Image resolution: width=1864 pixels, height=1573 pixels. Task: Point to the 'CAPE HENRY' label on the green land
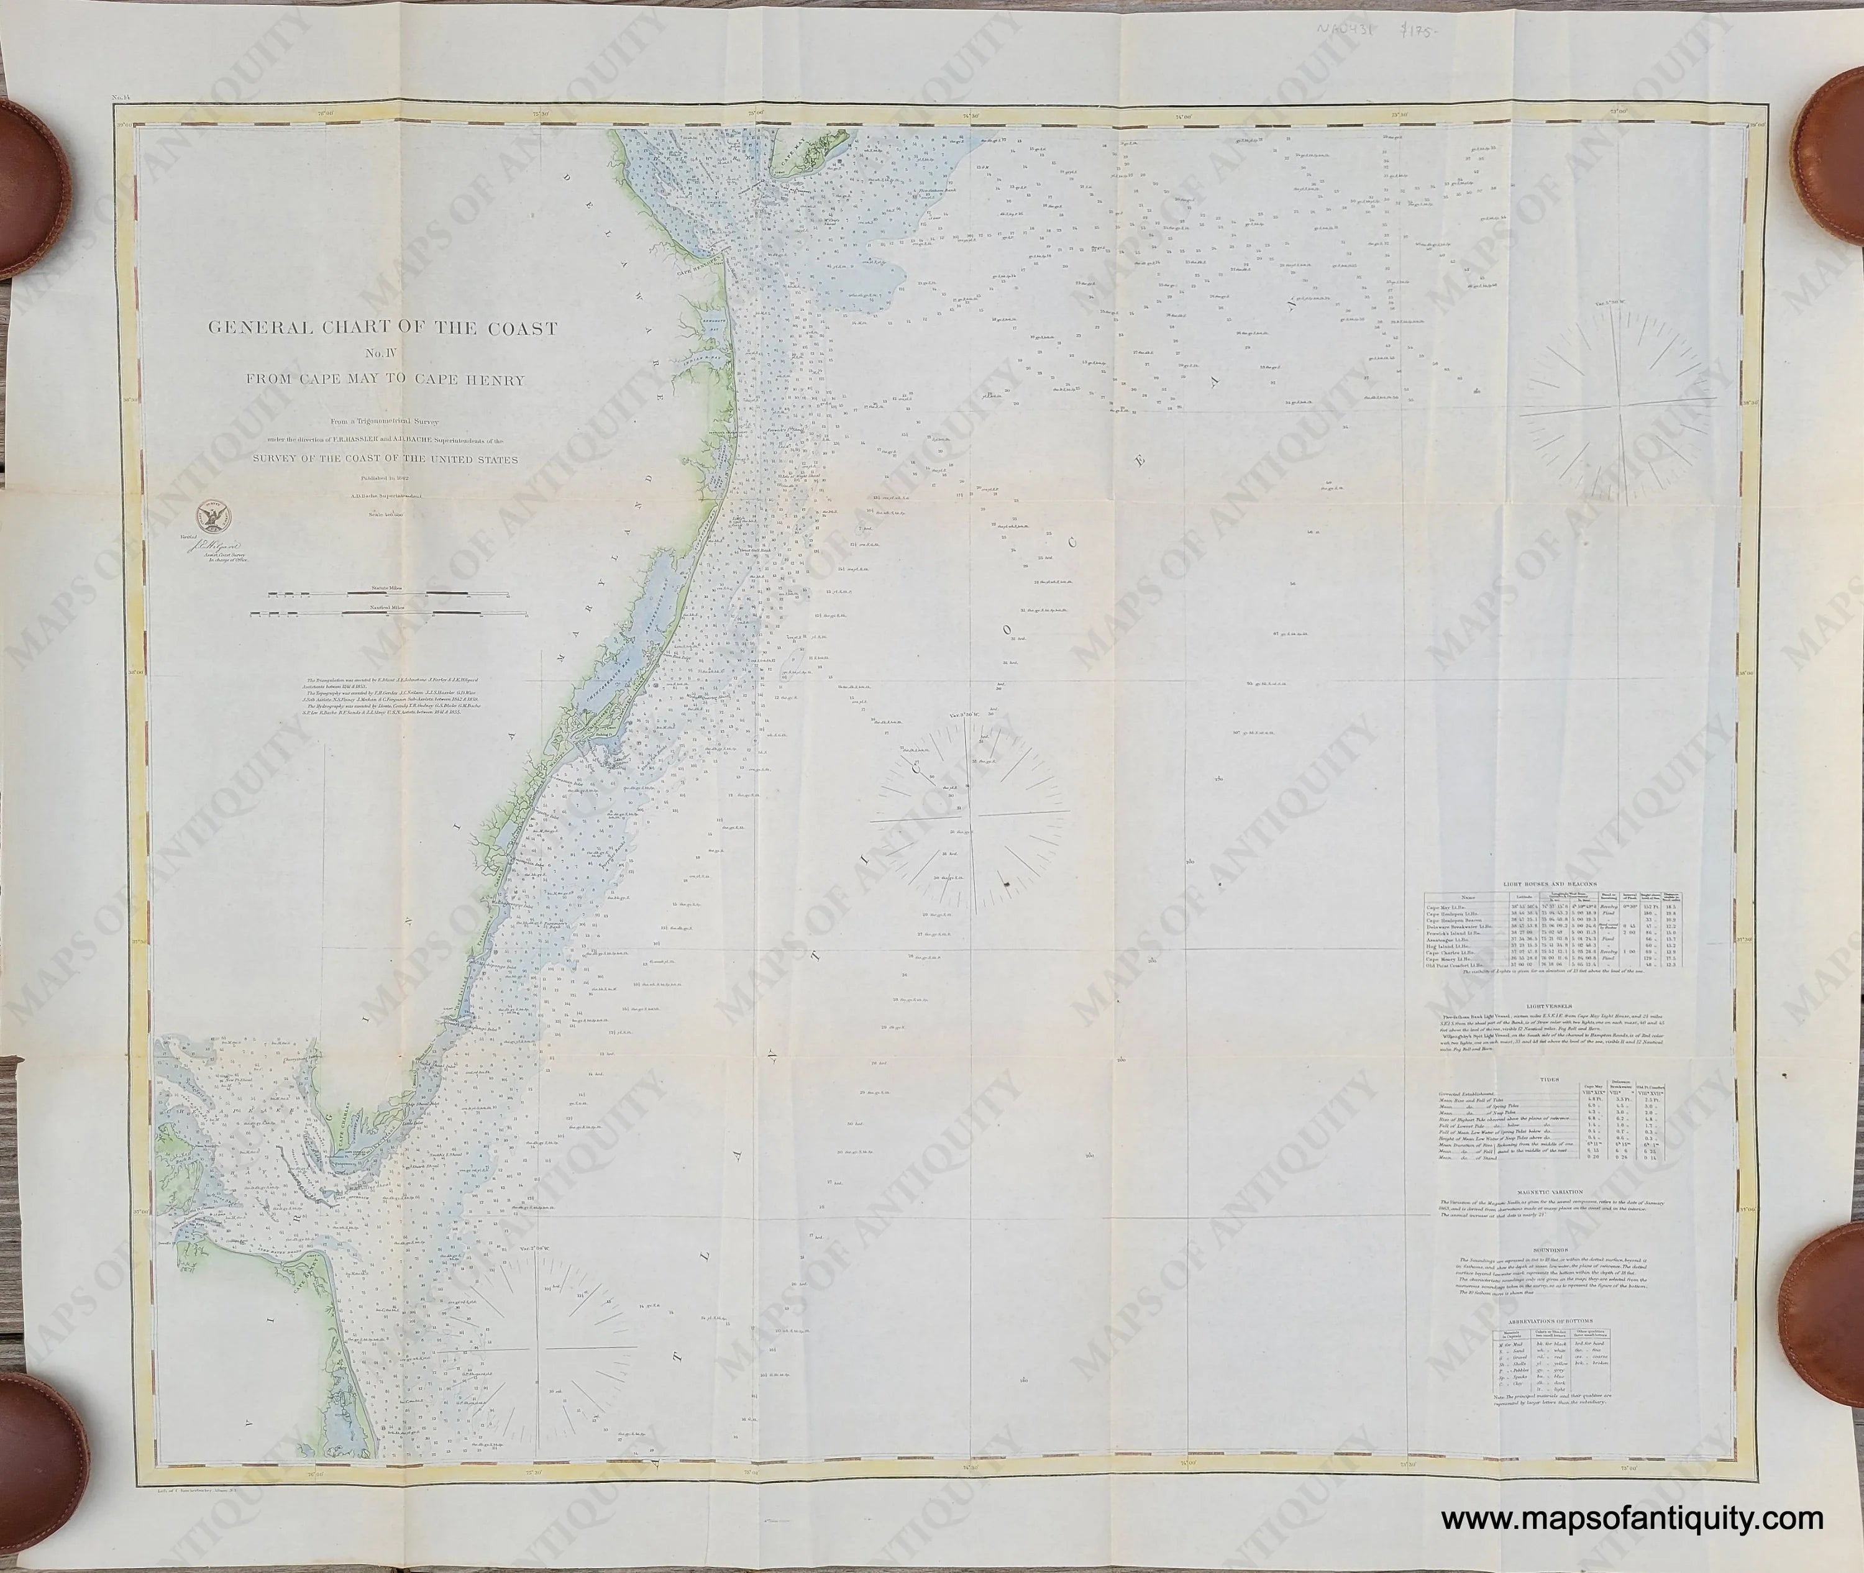331,1292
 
